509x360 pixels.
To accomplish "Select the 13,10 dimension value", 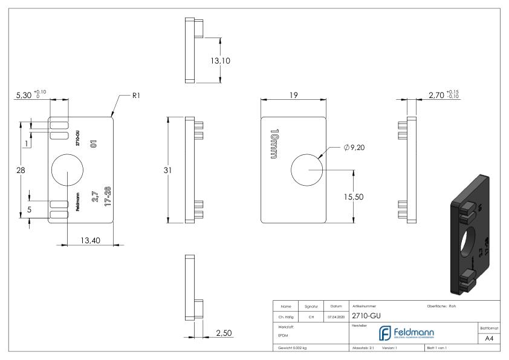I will [236, 61].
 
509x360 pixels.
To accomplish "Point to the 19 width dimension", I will [293, 95].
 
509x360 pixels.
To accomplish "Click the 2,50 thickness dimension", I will [224, 333].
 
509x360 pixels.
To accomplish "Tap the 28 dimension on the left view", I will [21, 171].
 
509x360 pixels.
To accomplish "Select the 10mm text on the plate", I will [274, 144].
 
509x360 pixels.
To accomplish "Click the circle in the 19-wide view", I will [308, 170].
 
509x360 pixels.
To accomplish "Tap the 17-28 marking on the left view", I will [108, 197].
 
